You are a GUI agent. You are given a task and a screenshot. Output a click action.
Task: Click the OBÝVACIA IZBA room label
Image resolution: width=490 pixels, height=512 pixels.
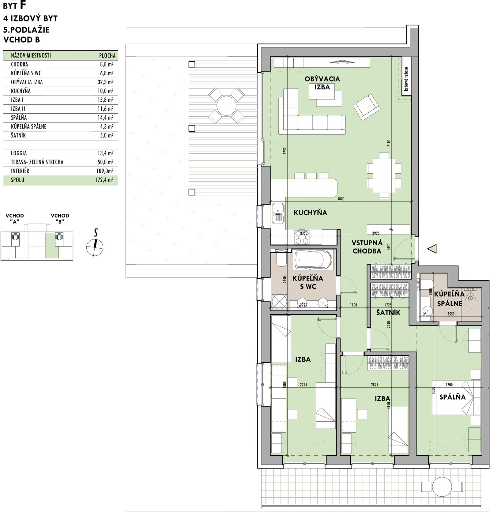[322, 83]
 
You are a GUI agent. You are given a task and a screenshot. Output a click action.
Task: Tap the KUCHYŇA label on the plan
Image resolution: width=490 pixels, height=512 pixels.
[310, 213]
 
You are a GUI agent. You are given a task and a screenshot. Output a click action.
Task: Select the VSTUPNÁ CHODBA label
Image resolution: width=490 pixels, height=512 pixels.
[367, 247]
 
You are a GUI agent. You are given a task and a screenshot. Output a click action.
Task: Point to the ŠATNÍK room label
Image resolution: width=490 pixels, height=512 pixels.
[388, 313]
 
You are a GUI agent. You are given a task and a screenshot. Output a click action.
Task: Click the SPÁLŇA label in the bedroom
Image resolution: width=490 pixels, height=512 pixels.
[452, 397]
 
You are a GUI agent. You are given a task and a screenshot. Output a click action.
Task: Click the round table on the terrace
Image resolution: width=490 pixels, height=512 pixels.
[227, 106]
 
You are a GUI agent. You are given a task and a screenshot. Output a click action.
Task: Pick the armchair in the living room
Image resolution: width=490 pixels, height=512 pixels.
[366, 107]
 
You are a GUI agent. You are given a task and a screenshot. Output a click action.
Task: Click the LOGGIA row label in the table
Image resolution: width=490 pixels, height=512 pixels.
[19, 153]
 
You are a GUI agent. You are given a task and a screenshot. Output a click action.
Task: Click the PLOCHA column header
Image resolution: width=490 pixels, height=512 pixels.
[107, 56]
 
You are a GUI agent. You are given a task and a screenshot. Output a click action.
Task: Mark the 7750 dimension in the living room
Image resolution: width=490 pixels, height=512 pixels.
[285, 152]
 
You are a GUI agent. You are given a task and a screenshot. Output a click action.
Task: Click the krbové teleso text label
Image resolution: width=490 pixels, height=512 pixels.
[406, 79]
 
